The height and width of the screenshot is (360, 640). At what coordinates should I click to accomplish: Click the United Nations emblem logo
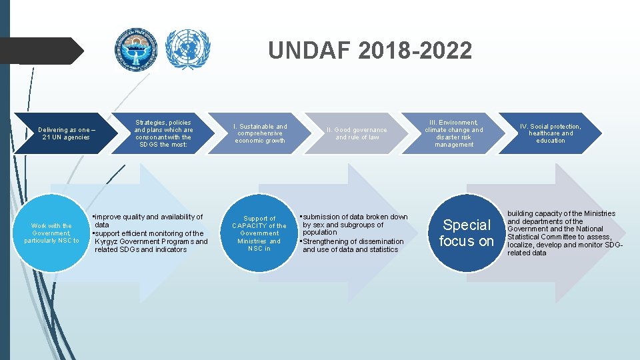coord(187,50)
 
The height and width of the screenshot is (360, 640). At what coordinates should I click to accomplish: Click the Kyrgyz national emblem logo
coord(137,50)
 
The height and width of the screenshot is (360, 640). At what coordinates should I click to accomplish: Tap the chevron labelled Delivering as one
coord(63,133)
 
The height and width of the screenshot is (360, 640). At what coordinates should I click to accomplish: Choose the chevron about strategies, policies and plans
coord(163,133)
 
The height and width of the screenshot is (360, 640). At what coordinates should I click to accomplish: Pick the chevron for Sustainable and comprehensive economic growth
coord(260,133)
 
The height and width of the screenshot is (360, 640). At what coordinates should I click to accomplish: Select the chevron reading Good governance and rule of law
coord(357,133)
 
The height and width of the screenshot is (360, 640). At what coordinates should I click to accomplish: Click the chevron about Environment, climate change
coord(454,133)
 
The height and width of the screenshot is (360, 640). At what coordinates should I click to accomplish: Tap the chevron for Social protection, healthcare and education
coord(551,133)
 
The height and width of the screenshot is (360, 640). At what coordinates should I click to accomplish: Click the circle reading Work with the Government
coord(51,233)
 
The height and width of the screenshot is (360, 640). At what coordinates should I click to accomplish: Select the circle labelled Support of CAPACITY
coord(259,233)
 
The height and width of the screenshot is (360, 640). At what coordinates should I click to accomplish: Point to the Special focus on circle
coord(467,233)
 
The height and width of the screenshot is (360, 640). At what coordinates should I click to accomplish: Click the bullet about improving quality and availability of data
coord(148,221)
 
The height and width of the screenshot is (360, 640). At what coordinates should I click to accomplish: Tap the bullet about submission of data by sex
coord(354,225)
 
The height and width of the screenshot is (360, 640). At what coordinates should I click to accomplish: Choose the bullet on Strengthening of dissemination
coord(353,245)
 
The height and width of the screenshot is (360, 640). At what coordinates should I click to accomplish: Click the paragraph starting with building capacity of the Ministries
coord(564,233)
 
